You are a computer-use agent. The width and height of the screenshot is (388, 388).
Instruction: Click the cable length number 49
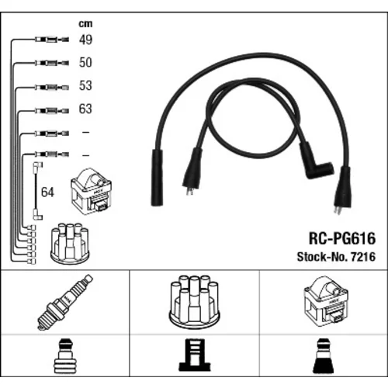(x=85, y=40)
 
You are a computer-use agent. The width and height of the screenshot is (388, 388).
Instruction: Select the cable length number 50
(x=85, y=62)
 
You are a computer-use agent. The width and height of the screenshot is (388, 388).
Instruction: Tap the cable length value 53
(x=85, y=85)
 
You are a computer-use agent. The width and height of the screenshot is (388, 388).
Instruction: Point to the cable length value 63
(x=85, y=109)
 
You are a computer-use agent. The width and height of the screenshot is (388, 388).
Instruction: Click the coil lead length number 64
(x=47, y=192)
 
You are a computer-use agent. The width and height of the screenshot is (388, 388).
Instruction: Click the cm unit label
(x=85, y=24)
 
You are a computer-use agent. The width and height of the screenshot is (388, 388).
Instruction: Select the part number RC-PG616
(x=342, y=238)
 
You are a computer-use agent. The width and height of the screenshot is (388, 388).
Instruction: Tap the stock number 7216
(x=363, y=257)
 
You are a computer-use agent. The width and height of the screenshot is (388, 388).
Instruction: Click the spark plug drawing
(x=65, y=302)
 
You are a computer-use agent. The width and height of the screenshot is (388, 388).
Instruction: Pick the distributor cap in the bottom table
(x=194, y=301)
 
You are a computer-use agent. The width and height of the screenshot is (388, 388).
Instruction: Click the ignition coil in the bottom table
(x=326, y=301)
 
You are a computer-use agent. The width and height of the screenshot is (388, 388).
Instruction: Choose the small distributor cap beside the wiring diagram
(x=70, y=243)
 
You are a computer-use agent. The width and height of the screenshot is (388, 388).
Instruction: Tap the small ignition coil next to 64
(x=91, y=192)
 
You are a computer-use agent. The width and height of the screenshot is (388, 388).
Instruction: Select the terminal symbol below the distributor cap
(x=195, y=355)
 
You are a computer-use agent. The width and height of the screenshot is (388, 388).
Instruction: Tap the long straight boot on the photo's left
(x=157, y=178)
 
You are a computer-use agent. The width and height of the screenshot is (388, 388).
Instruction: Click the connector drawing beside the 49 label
(x=52, y=40)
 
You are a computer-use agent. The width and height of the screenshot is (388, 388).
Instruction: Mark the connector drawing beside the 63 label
(x=52, y=111)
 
